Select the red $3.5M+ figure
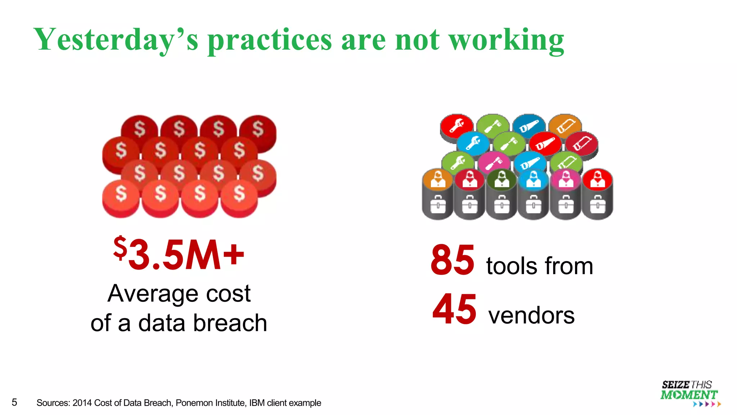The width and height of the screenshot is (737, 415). (179, 254)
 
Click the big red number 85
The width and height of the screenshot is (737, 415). (452, 260)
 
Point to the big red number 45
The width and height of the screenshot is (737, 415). (454, 309)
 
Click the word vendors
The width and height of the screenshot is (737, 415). (531, 316)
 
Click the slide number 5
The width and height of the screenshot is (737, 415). (14, 402)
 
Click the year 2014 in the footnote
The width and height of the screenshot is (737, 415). (82, 403)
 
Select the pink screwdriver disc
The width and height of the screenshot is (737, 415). (494, 162)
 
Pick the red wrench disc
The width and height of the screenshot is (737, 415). (457, 125)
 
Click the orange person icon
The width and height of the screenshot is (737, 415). (438, 179)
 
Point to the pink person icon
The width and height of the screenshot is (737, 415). (566, 179)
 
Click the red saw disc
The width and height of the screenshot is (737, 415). (545, 143)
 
